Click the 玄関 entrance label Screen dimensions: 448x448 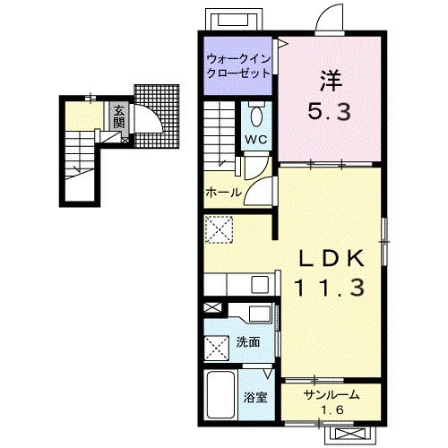click(118, 116)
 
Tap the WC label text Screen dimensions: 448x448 click(256, 139)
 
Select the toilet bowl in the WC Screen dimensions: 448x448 click(256, 116)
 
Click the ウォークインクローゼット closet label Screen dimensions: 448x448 click(238, 65)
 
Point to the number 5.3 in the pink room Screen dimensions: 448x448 click(329, 111)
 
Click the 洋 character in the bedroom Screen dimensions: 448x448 click(331, 81)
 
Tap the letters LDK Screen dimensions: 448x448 click(332, 258)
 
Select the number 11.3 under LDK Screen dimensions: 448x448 click(330, 288)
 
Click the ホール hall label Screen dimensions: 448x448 click(224, 193)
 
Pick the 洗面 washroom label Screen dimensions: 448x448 click(248, 342)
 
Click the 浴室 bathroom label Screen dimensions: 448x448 click(255, 398)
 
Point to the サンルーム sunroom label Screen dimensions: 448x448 click(332, 395)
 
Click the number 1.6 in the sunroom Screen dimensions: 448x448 click(332, 410)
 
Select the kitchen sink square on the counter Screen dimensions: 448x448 click(260, 284)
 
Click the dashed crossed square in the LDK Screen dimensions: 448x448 click(220, 229)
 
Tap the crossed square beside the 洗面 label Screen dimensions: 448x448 click(217, 348)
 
